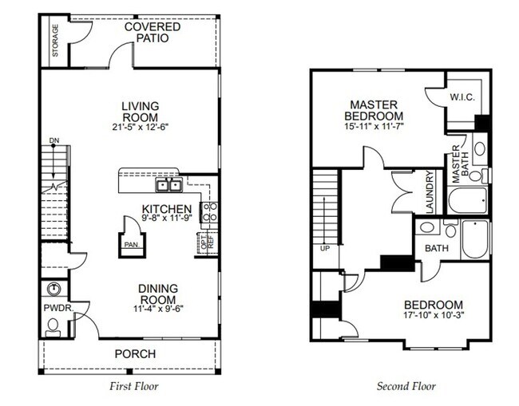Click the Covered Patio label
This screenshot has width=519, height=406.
152,32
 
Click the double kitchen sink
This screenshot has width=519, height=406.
168,185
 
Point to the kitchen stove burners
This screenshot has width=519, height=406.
211,212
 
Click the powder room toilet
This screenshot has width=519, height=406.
53,323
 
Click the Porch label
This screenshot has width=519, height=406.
133,354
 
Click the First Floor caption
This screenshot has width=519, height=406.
133,387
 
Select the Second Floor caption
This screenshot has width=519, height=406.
406,387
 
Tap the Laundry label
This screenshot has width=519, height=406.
429,192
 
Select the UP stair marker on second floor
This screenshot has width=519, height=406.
323,248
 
